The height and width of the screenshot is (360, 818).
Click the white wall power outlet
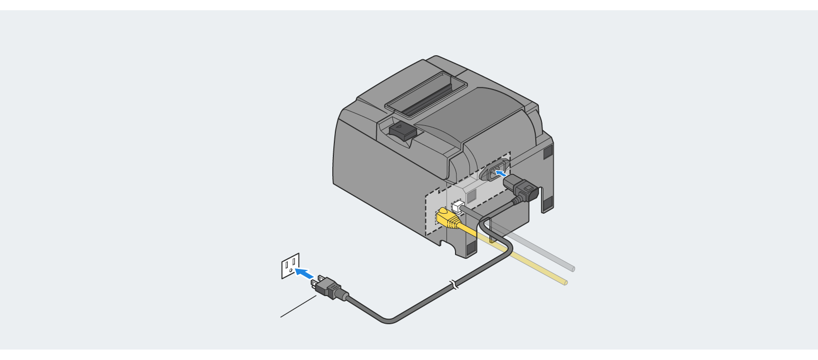(x=290, y=265)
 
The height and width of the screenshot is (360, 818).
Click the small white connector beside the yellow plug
(x=458, y=207)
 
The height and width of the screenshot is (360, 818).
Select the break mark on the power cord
(x=453, y=284)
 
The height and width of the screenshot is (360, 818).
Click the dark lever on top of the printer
(x=403, y=130)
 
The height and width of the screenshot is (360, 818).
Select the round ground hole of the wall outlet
(x=290, y=270)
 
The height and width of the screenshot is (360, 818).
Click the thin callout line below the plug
(x=298, y=307)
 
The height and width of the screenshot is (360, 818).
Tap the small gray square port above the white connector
(x=471, y=195)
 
